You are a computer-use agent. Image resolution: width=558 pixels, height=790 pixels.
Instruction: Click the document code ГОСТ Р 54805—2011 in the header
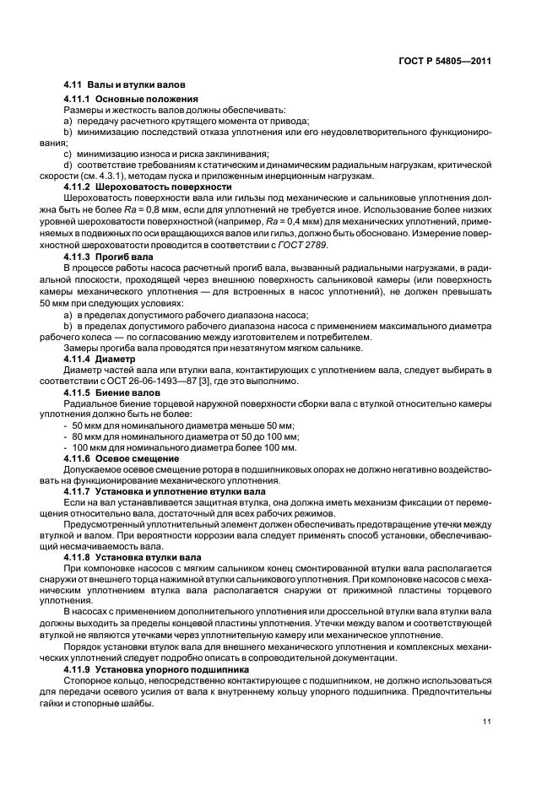(x=445, y=61)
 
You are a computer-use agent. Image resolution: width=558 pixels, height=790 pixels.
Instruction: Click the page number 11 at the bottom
(x=487, y=721)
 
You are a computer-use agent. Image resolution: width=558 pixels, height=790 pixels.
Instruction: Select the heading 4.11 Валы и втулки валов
(x=125, y=84)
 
